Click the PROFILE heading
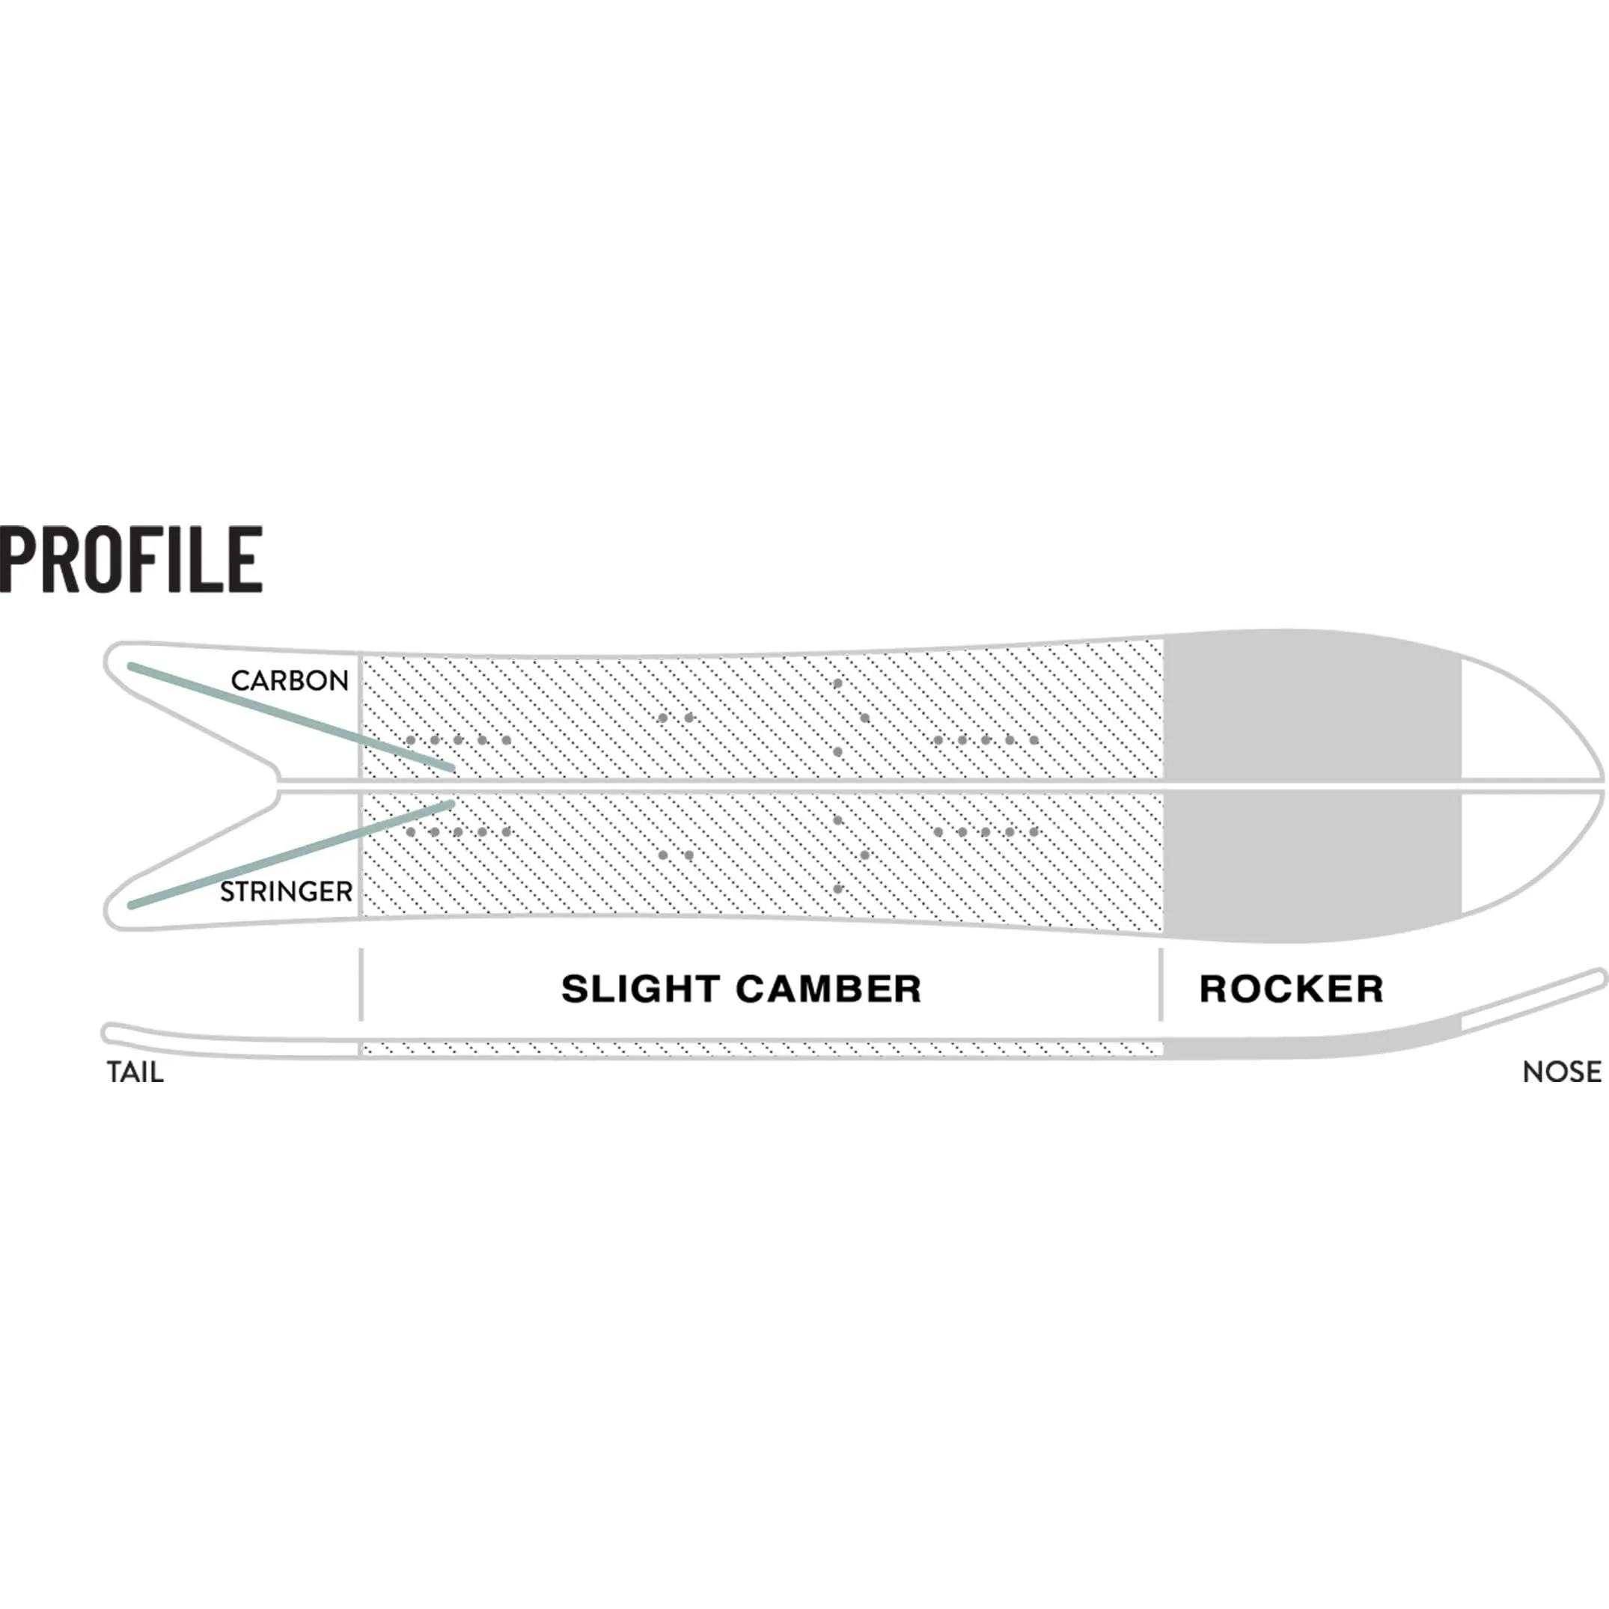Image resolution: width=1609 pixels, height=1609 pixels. [132, 560]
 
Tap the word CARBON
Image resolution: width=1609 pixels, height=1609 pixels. [290, 680]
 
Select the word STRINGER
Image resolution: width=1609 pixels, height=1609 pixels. [286, 892]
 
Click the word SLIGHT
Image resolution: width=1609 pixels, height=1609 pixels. [639, 989]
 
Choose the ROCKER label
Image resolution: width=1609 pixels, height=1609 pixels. [1291, 989]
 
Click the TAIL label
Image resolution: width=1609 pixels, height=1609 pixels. [135, 1072]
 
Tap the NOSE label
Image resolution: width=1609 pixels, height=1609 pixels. [1562, 1072]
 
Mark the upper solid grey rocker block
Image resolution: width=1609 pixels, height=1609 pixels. [1312, 708]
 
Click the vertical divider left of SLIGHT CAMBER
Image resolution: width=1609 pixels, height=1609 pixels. [361, 983]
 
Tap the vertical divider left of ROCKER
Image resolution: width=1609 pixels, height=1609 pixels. [1160, 983]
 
